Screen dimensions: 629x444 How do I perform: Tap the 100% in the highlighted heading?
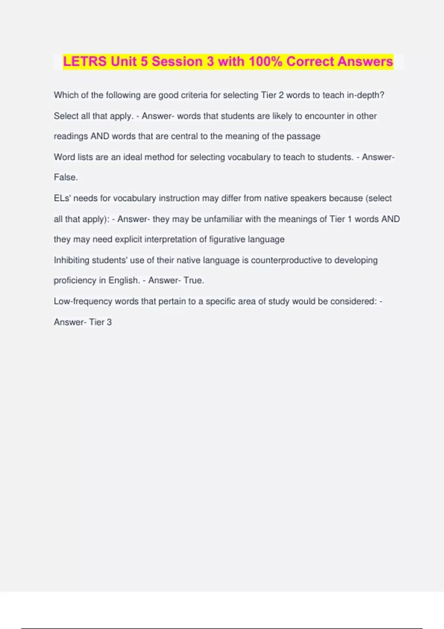pos(265,61)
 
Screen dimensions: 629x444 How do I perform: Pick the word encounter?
pos(324,116)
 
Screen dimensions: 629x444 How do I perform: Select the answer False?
pos(65,178)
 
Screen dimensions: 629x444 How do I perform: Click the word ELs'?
pos(63,198)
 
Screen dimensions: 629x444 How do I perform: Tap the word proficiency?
pos(75,280)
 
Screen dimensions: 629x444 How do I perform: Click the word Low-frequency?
pos(83,301)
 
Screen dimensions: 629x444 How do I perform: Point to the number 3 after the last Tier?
pos(109,322)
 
